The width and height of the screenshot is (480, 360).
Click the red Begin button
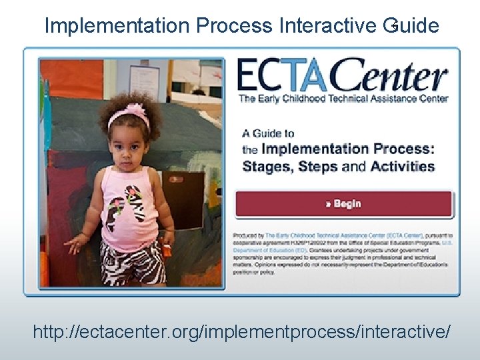(343, 204)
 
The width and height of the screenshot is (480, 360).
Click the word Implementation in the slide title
(117, 26)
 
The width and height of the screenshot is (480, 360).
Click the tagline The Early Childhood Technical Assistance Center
(343, 99)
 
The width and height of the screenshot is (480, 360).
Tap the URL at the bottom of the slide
(241, 331)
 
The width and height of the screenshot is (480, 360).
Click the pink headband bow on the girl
(136, 108)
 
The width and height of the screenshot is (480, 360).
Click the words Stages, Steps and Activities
(338, 167)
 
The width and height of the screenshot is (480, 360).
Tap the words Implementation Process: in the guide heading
(347, 149)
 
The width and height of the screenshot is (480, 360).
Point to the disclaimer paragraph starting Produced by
(343, 253)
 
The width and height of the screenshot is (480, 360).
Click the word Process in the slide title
(234, 26)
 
